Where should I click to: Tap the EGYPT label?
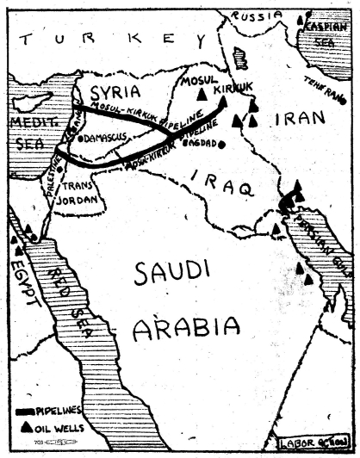26,275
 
